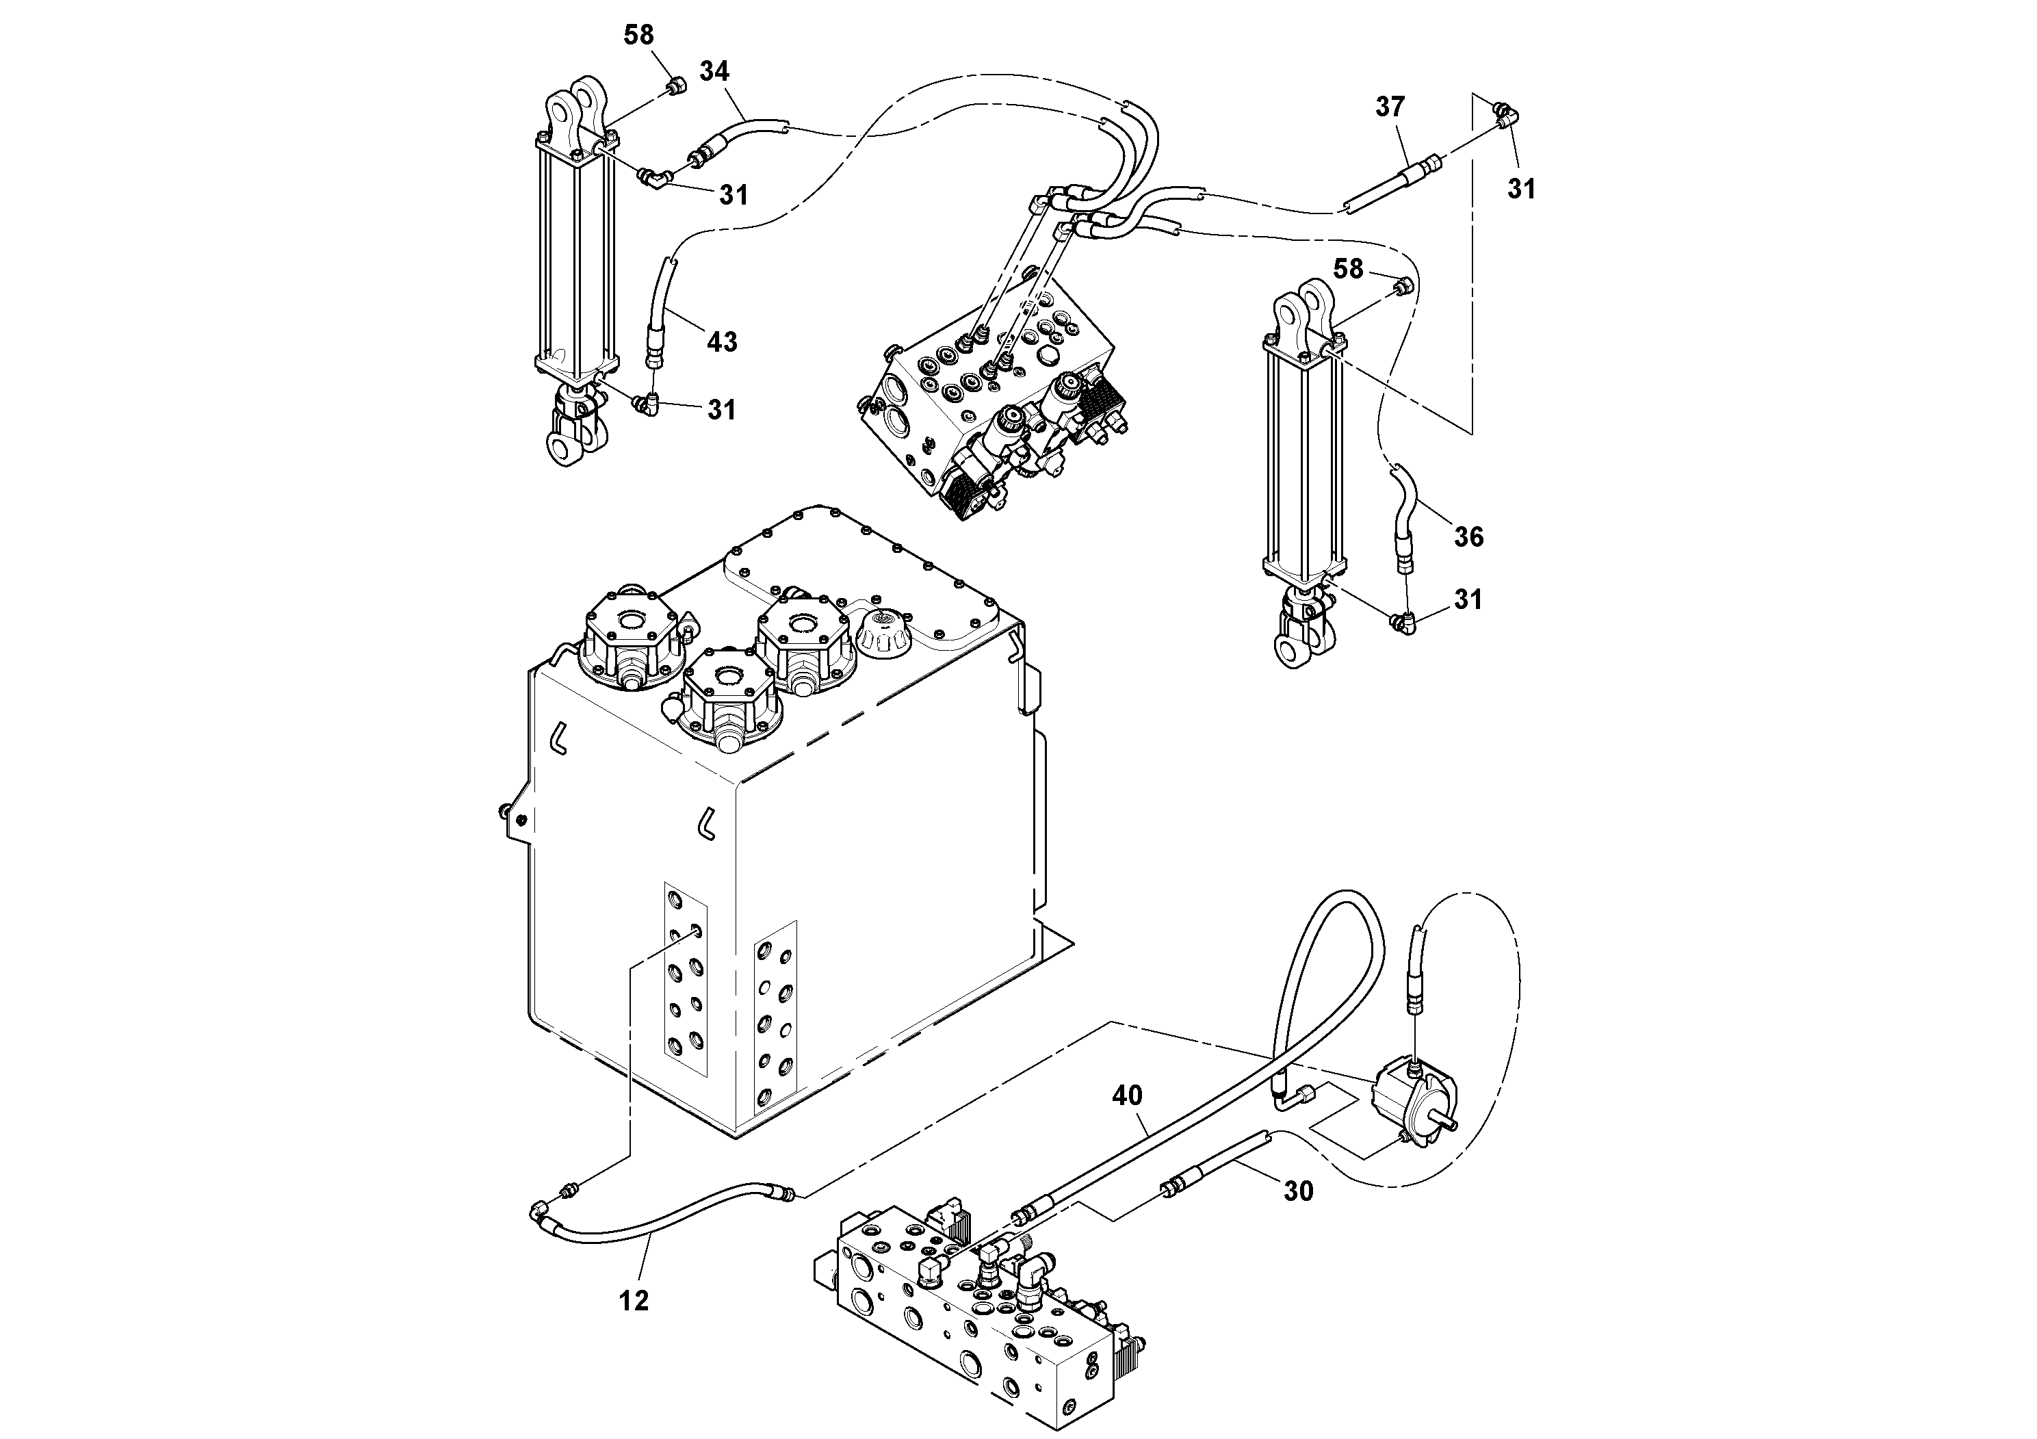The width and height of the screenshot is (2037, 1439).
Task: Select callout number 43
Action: pos(721,341)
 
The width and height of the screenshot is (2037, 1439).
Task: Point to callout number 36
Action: pos(1468,536)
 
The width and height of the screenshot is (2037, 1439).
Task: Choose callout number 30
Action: pos(1298,1191)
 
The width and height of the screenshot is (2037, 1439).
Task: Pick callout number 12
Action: pos(634,1301)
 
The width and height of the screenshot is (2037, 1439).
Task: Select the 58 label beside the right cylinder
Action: pos(1348,269)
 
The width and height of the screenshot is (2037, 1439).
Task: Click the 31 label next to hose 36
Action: pos(1468,599)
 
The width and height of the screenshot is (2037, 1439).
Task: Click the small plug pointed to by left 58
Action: pos(677,87)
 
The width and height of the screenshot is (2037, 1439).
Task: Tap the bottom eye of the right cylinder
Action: pos(1295,652)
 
